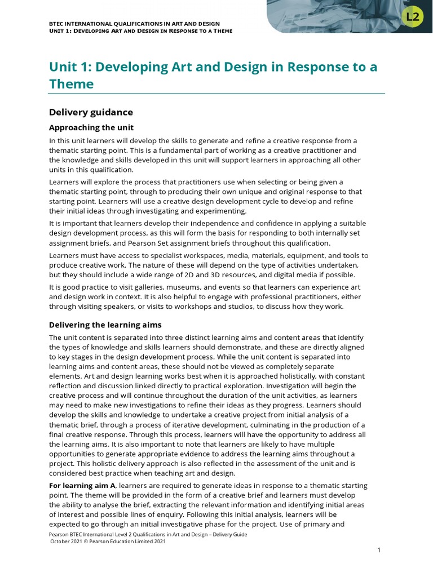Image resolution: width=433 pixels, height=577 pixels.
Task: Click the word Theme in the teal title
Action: coord(71,84)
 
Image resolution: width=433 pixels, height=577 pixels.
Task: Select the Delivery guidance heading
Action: coord(91,112)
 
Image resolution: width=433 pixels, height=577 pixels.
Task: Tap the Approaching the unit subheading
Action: coord(91,127)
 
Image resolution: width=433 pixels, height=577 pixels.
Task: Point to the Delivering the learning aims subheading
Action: coord(105,325)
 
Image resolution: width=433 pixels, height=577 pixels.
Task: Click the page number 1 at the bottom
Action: coord(379,550)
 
